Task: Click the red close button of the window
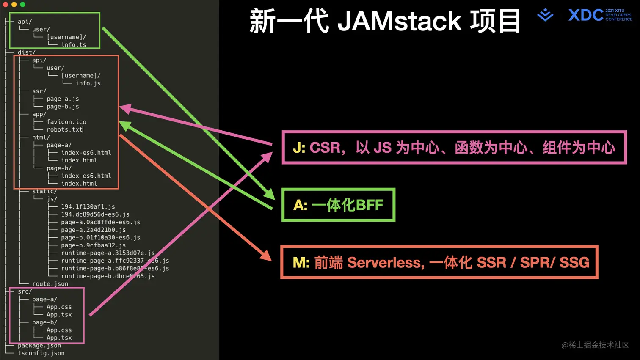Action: tap(6, 4)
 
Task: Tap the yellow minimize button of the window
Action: tap(14, 4)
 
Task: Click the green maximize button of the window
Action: tap(22, 4)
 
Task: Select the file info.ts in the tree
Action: tap(74, 44)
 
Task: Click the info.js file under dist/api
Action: tap(88, 83)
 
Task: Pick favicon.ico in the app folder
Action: tap(66, 122)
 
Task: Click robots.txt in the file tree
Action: tap(64, 129)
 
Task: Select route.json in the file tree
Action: tap(50, 284)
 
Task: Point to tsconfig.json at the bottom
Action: tap(41, 353)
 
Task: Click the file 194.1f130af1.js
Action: tap(88, 206)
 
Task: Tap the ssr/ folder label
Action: tap(39, 91)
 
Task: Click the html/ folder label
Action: tap(41, 137)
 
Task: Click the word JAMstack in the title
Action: tap(399, 21)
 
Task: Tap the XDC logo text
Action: tap(586, 15)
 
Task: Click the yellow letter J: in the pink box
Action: tap(299, 148)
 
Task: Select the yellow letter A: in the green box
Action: tap(300, 205)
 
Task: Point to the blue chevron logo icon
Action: tap(545, 15)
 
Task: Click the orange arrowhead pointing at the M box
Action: tap(266, 256)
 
